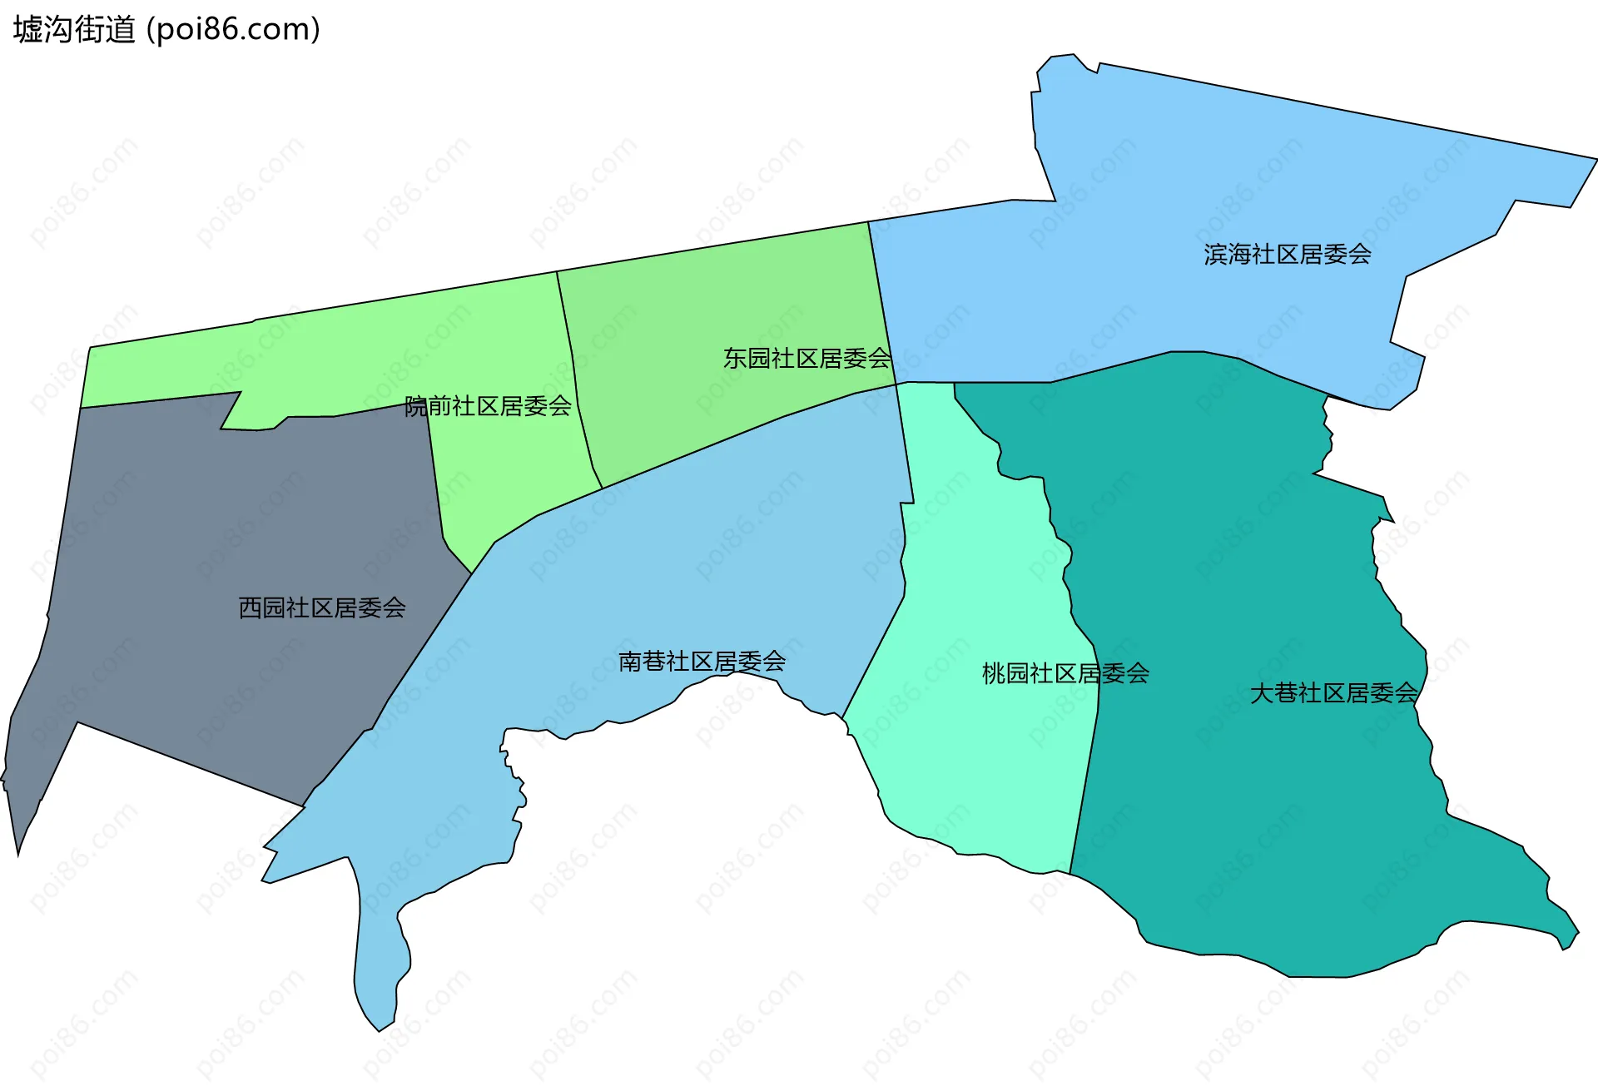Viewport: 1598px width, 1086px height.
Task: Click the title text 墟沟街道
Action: pos(74,30)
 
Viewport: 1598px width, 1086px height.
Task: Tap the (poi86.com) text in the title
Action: pos(233,30)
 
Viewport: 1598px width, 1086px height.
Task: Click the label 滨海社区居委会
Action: pos(1287,254)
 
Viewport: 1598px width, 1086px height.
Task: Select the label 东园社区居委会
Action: pos(806,359)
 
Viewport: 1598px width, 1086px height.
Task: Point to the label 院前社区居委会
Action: pos(488,406)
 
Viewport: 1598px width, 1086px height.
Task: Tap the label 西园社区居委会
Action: pos(322,607)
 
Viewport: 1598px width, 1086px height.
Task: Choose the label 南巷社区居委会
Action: pos(702,662)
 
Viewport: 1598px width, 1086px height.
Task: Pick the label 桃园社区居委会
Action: pos(1065,673)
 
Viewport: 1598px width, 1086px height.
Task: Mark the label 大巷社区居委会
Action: pos(1333,692)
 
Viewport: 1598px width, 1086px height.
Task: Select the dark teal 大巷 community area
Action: pos(1248,541)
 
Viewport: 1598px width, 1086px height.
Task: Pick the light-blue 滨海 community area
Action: pos(1165,166)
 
